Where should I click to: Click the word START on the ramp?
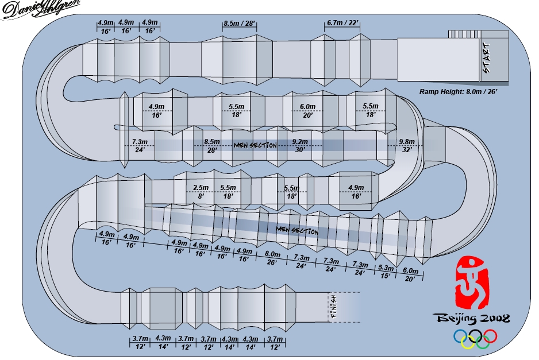coord(487,58)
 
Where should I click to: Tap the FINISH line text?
coord(332,308)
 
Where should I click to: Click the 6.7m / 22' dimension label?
coord(342,23)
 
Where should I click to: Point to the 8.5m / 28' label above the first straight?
coord(239,24)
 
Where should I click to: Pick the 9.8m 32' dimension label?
coord(406,145)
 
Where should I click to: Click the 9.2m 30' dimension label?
coord(300,145)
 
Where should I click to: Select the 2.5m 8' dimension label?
coord(201,192)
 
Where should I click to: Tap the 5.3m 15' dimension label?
coord(386,272)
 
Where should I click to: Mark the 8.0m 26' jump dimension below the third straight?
coord(272,258)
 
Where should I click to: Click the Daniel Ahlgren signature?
coord(38,10)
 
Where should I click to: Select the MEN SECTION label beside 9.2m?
coord(255,145)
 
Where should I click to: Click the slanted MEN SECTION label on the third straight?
coord(297,230)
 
